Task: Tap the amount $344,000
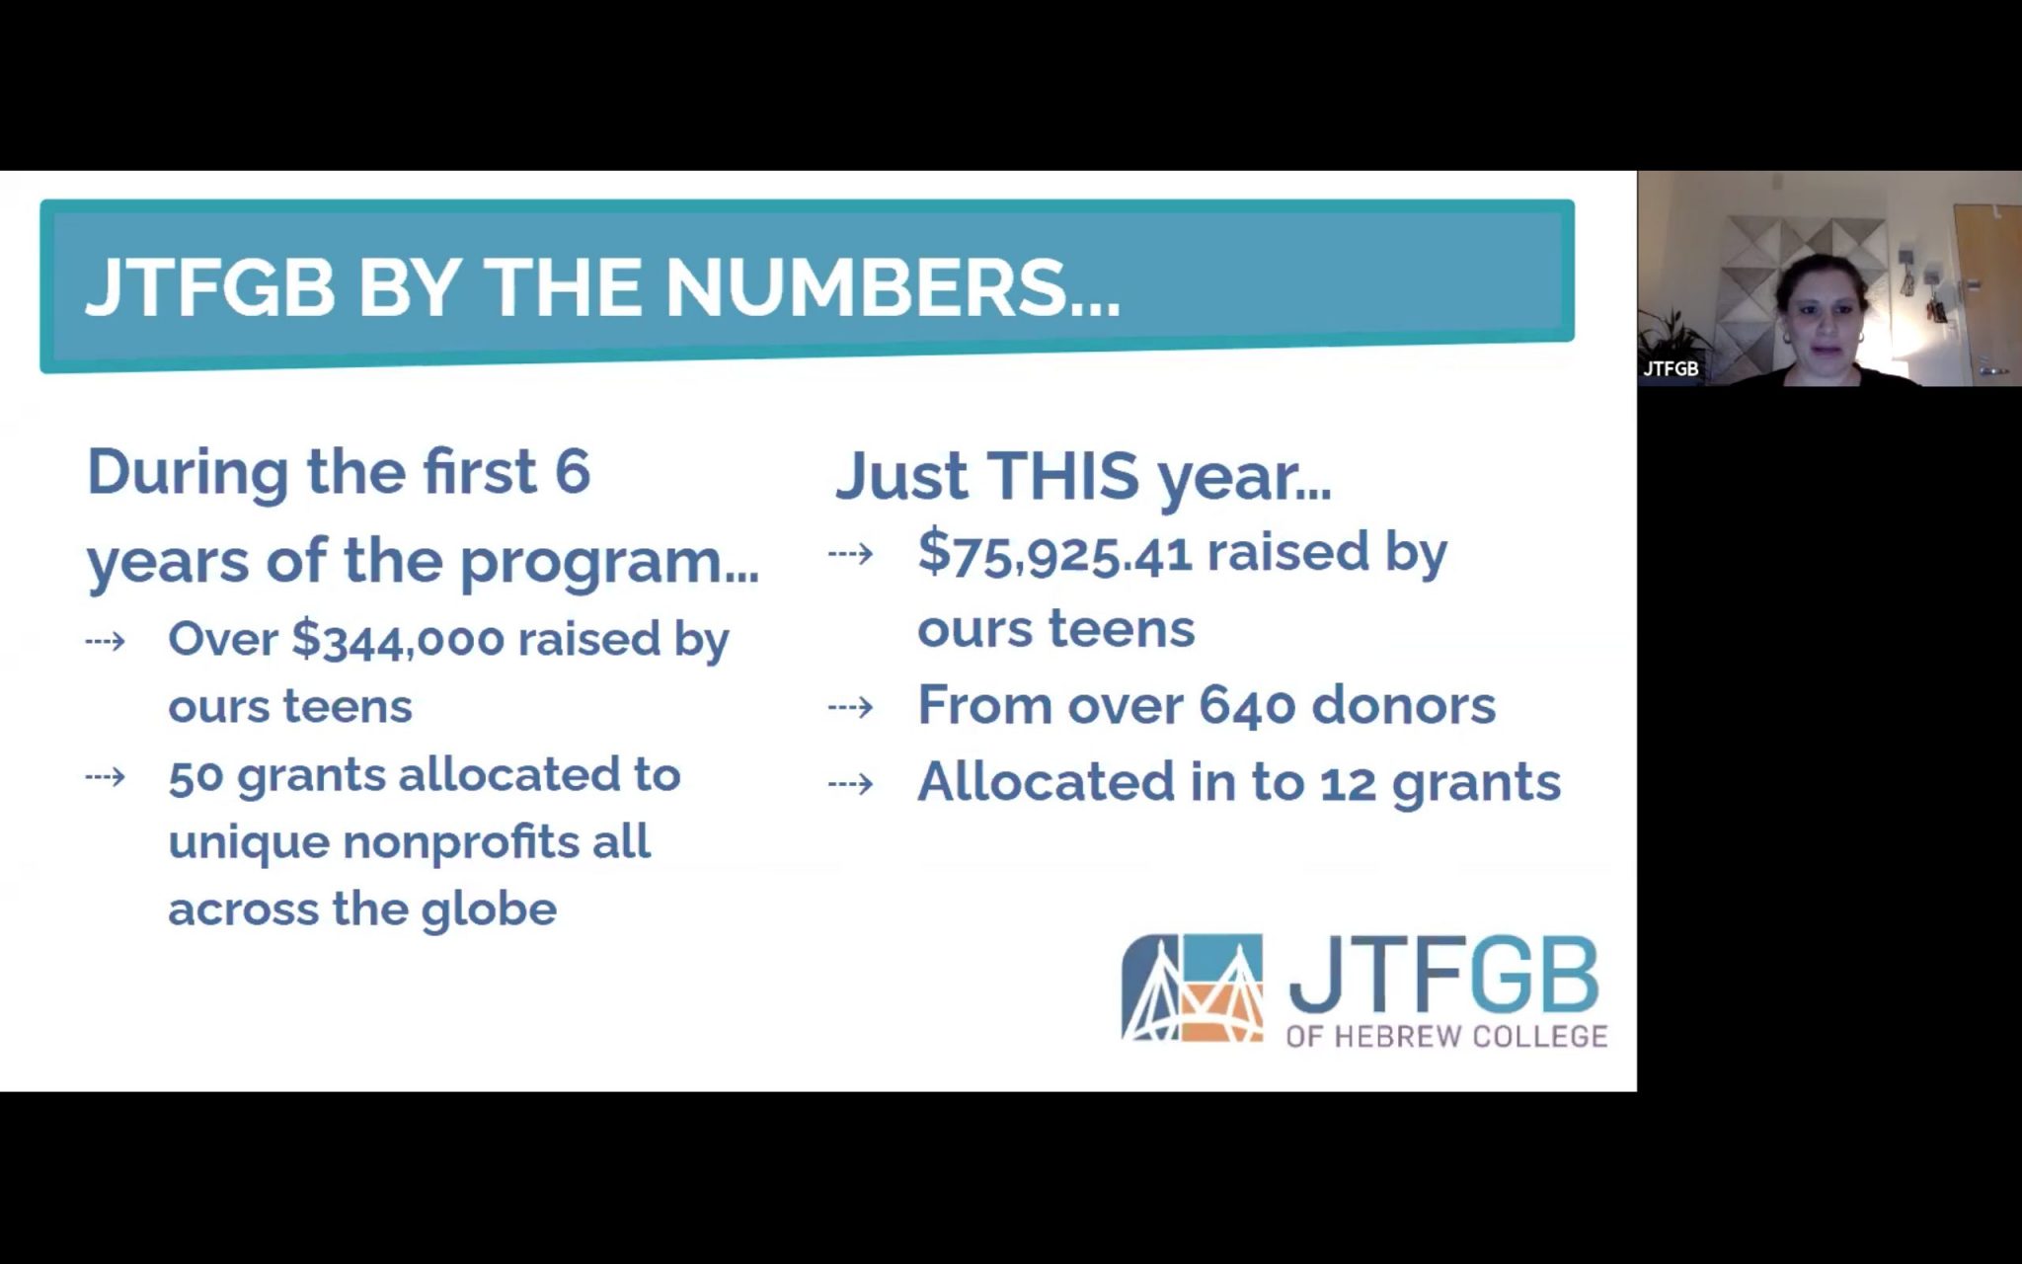(x=398, y=640)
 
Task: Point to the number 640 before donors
(x=1247, y=705)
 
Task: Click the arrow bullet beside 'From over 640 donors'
(x=850, y=707)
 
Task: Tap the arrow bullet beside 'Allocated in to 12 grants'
(x=850, y=784)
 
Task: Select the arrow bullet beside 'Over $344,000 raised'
(x=106, y=642)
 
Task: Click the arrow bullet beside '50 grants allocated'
(x=106, y=776)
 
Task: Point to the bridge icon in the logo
(x=1192, y=987)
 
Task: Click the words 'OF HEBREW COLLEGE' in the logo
(x=1446, y=1036)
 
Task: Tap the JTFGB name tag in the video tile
(x=1671, y=368)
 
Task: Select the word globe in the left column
(x=489, y=909)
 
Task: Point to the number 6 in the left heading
(x=572, y=471)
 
